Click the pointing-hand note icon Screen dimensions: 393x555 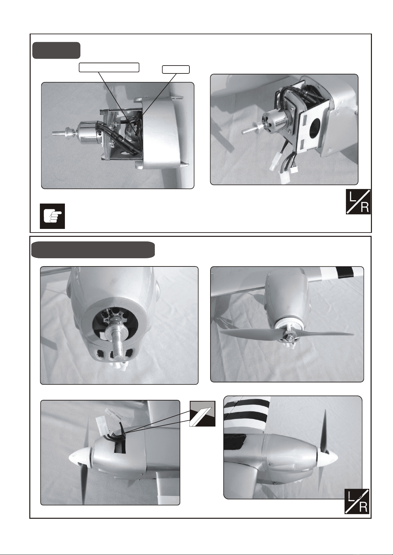[52, 216]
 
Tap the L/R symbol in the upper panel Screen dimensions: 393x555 [358, 202]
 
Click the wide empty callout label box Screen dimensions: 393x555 [109, 68]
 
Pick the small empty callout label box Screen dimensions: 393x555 [176, 69]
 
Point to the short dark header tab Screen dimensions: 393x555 [56, 50]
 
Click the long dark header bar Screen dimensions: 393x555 [93, 250]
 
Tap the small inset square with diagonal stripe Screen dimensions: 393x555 [203, 413]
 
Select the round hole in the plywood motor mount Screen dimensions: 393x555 [315, 129]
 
